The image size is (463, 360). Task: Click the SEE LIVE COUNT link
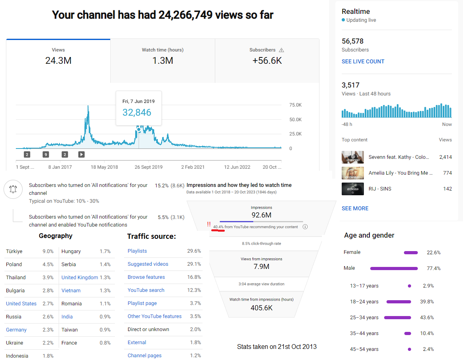363,61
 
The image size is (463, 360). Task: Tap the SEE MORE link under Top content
355,208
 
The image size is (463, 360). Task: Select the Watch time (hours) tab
163,61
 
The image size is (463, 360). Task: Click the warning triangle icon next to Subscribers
281,50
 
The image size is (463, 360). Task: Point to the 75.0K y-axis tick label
295,105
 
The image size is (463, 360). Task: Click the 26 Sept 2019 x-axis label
149,167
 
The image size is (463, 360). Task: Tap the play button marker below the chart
82,154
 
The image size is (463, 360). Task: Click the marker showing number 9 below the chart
46,154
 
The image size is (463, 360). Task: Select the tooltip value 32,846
137,112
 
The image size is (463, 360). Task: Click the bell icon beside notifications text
13,189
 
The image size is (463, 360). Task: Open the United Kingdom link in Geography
80,277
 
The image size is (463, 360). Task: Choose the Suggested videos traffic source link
148,264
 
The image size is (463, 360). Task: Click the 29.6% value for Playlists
194,251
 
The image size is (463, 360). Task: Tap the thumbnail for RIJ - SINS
352,189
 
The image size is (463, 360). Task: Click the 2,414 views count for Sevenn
445,157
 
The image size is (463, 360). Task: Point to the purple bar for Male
394,269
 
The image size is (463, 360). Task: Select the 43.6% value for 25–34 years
427,318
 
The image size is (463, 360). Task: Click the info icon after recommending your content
305,227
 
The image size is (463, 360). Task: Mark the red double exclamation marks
209,224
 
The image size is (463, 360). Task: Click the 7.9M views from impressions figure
261,267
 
